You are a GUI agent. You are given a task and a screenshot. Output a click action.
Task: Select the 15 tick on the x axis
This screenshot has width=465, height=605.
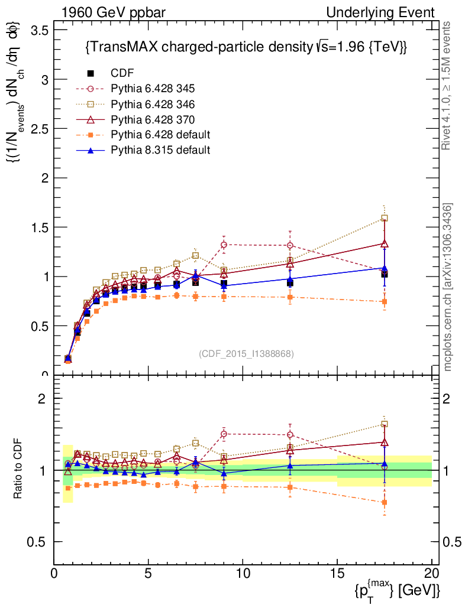click(x=337, y=564)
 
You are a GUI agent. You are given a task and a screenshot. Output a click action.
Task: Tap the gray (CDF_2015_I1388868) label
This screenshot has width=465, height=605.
click(x=246, y=353)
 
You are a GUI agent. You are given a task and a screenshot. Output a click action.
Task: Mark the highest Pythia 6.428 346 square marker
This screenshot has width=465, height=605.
click(x=385, y=218)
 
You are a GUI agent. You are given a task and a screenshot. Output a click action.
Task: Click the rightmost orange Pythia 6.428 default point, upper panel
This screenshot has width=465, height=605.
click(x=385, y=302)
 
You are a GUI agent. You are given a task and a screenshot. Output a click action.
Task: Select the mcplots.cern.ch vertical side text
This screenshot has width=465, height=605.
click(x=448, y=288)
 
